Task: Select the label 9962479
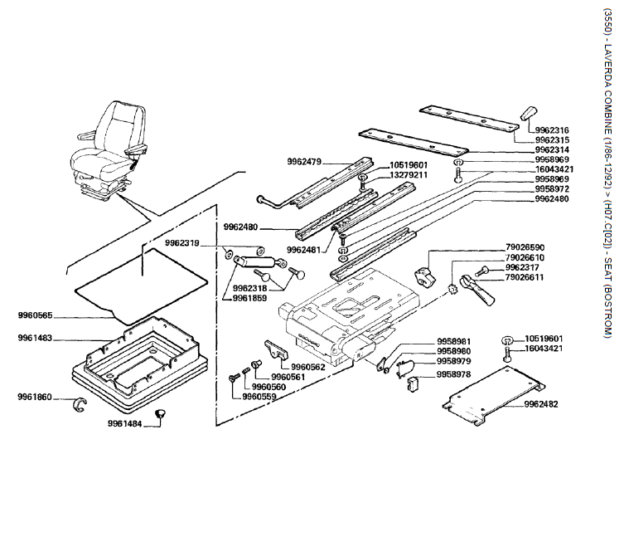coord(304,160)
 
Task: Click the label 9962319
coord(181,243)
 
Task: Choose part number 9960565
coord(35,315)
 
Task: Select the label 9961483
coord(35,339)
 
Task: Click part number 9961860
coord(35,397)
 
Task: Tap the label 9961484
coord(124,424)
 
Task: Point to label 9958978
coord(454,374)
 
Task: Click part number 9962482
coord(541,404)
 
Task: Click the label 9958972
coord(552,189)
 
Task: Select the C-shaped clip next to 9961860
coord(80,403)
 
